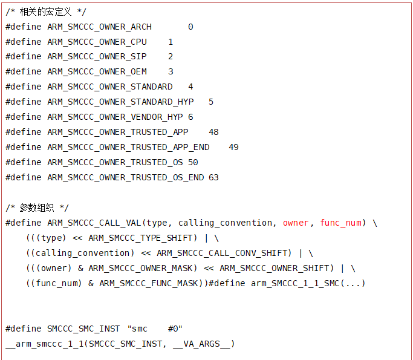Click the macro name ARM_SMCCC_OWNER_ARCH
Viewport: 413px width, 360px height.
coord(100,27)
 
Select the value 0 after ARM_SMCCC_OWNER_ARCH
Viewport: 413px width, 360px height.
coord(190,27)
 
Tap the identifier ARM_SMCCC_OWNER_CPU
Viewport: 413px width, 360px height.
coord(97,42)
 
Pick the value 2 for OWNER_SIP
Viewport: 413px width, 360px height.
coord(171,56)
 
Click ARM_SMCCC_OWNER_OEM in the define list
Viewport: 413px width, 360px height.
coord(97,71)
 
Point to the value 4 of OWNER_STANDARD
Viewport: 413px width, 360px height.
coord(190,87)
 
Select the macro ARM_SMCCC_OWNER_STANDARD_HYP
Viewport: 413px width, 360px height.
coord(120,102)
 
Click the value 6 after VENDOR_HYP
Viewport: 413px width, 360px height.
coord(190,117)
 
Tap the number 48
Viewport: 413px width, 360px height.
coord(213,132)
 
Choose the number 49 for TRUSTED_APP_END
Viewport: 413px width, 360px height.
coord(233,147)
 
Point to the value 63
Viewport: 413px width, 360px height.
coord(213,177)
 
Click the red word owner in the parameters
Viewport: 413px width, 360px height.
coord(296,223)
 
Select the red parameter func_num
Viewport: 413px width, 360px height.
coord(341,223)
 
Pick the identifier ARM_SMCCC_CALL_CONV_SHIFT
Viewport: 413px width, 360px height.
coord(224,253)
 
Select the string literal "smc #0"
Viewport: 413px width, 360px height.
coord(155,329)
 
